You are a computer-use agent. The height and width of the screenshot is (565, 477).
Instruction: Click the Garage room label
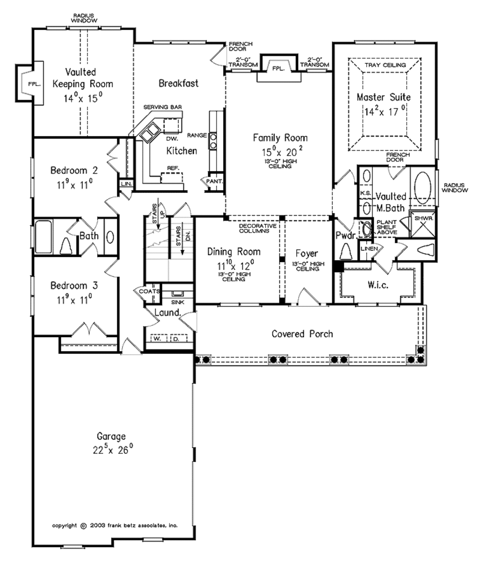coord(111,437)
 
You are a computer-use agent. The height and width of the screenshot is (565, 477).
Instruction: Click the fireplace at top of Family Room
coord(278,68)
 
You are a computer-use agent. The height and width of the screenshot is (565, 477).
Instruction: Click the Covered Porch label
coord(302,334)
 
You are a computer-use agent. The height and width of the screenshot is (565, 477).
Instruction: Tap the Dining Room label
coord(233,252)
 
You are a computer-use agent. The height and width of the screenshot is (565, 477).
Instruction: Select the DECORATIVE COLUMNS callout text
coord(257,227)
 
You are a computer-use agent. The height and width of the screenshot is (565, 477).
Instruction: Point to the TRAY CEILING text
coord(384,65)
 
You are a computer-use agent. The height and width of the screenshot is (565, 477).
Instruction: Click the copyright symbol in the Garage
coord(83,525)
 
